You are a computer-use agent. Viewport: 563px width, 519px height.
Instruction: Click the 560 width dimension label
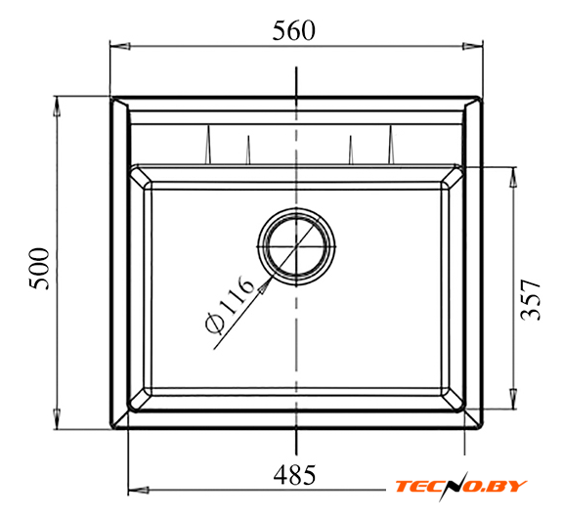coord(293,30)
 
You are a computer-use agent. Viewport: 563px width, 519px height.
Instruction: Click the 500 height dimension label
coord(39,269)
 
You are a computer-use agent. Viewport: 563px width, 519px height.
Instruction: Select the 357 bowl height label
coord(531,300)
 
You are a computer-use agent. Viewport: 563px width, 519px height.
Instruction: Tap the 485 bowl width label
coord(294,475)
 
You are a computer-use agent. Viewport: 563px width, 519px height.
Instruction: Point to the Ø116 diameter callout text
coord(230,304)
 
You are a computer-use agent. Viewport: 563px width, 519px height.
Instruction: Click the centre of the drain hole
coord(296,246)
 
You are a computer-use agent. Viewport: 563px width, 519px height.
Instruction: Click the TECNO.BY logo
coord(460,487)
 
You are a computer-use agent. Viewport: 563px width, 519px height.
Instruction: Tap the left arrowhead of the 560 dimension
coord(119,46)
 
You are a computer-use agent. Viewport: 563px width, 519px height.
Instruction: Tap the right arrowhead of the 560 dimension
coord(473,46)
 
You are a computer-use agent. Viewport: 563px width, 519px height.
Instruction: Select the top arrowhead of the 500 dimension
coord(57,107)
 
